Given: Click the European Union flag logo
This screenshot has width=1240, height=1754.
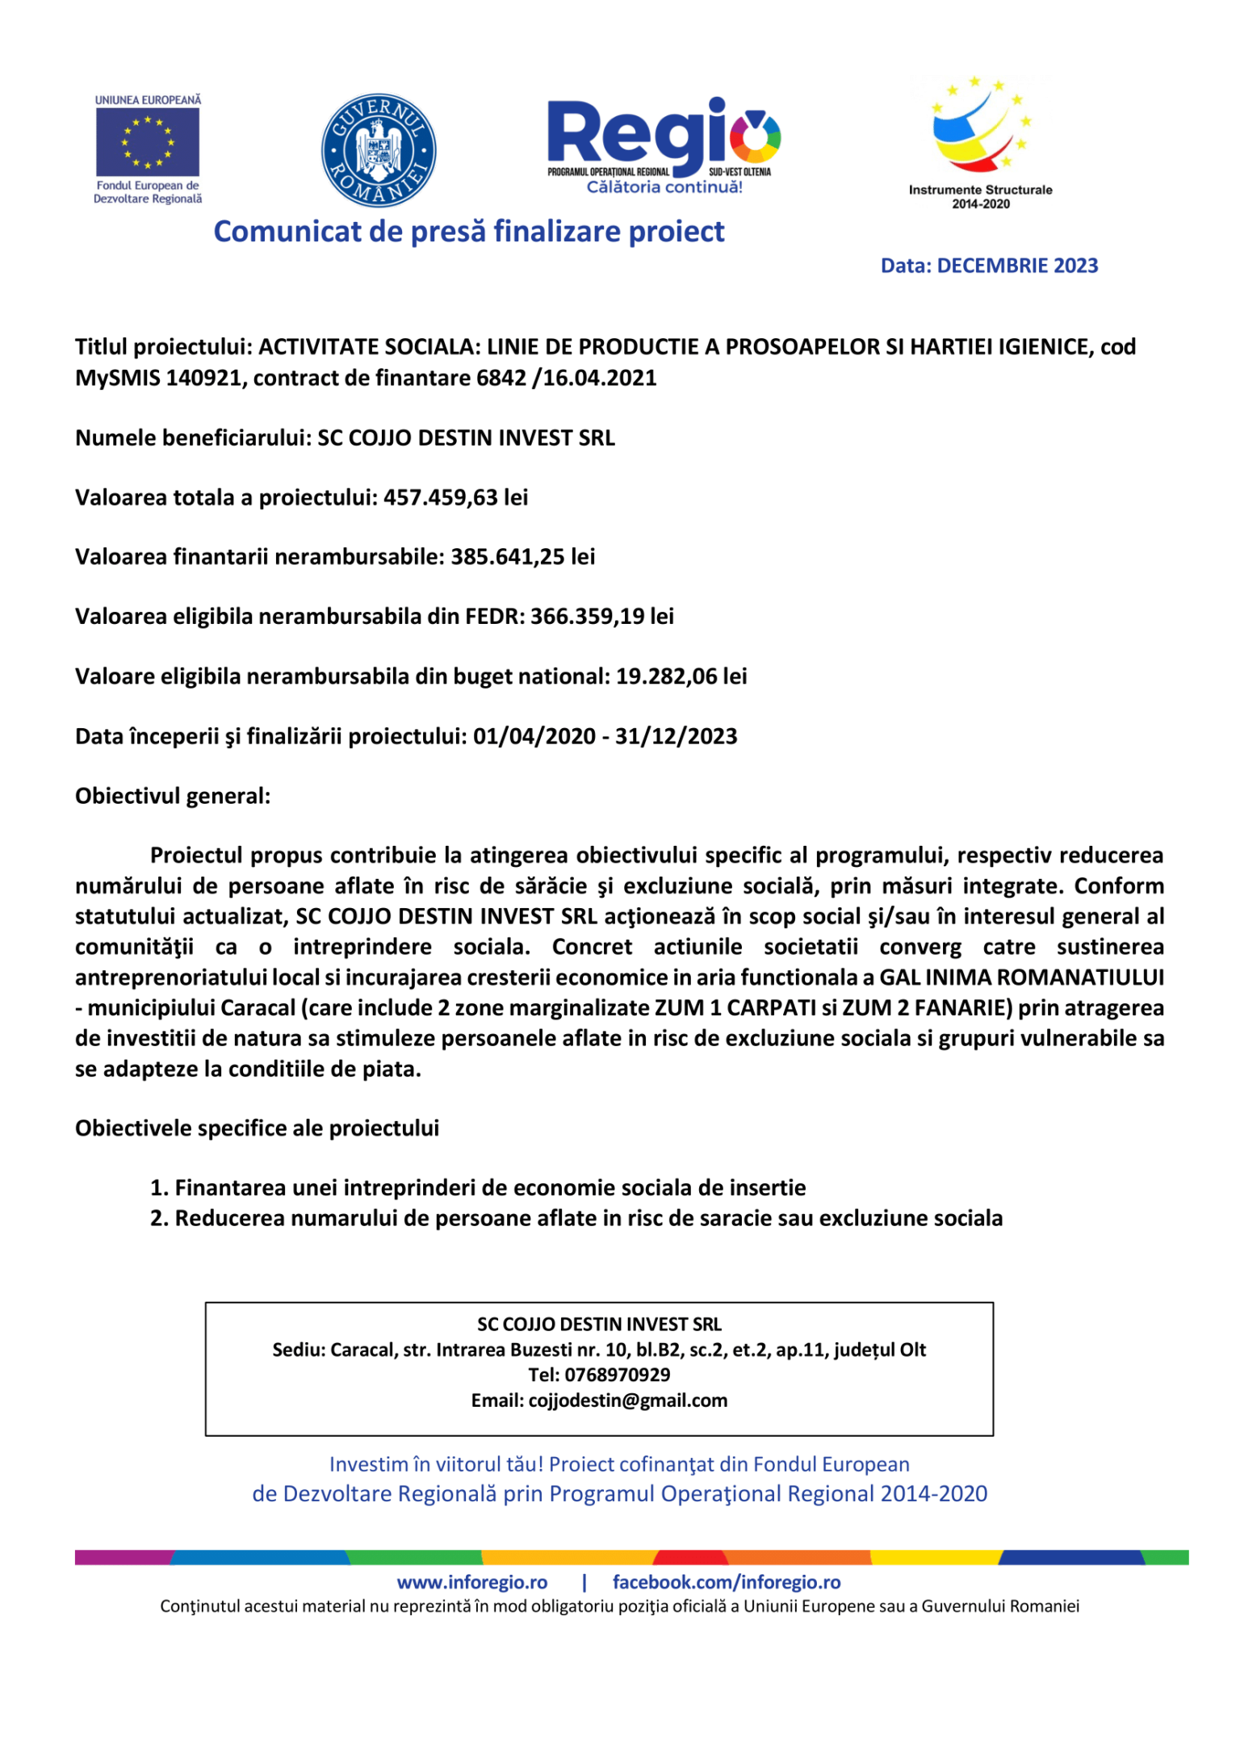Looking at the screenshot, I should pyautogui.click(x=148, y=142).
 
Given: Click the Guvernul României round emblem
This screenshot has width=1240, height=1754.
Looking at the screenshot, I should pyautogui.click(x=379, y=150).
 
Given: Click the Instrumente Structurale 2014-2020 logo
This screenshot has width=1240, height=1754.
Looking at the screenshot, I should pyautogui.click(x=980, y=141).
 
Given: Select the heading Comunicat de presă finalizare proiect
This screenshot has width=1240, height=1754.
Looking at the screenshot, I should pyautogui.click(x=468, y=232).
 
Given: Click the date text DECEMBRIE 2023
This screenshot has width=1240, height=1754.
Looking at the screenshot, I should pyautogui.click(x=1017, y=266).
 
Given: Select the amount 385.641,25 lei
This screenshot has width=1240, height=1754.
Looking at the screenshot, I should pyautogui.click(x=522, y=557).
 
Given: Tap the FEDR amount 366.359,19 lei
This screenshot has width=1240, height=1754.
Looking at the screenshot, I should pyautogui.click(x=601, y=617).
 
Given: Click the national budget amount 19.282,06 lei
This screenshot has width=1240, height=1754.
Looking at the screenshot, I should pyautogui.click(x=681, y=676).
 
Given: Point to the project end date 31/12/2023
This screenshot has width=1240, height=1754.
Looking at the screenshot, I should pyautogui.click(x=676, y=736).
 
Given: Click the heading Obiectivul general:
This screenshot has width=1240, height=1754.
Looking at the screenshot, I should pyautogui.click(x=173, y=796).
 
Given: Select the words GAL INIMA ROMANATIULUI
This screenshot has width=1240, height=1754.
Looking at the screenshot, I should pyautogui.click(x=1021, y=977).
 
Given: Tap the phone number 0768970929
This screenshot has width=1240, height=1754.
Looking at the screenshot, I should pyautogui.click(x=617, y=1375).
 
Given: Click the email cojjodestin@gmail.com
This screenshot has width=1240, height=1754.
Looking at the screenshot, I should pyautogui.click(x=627, y=1400).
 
